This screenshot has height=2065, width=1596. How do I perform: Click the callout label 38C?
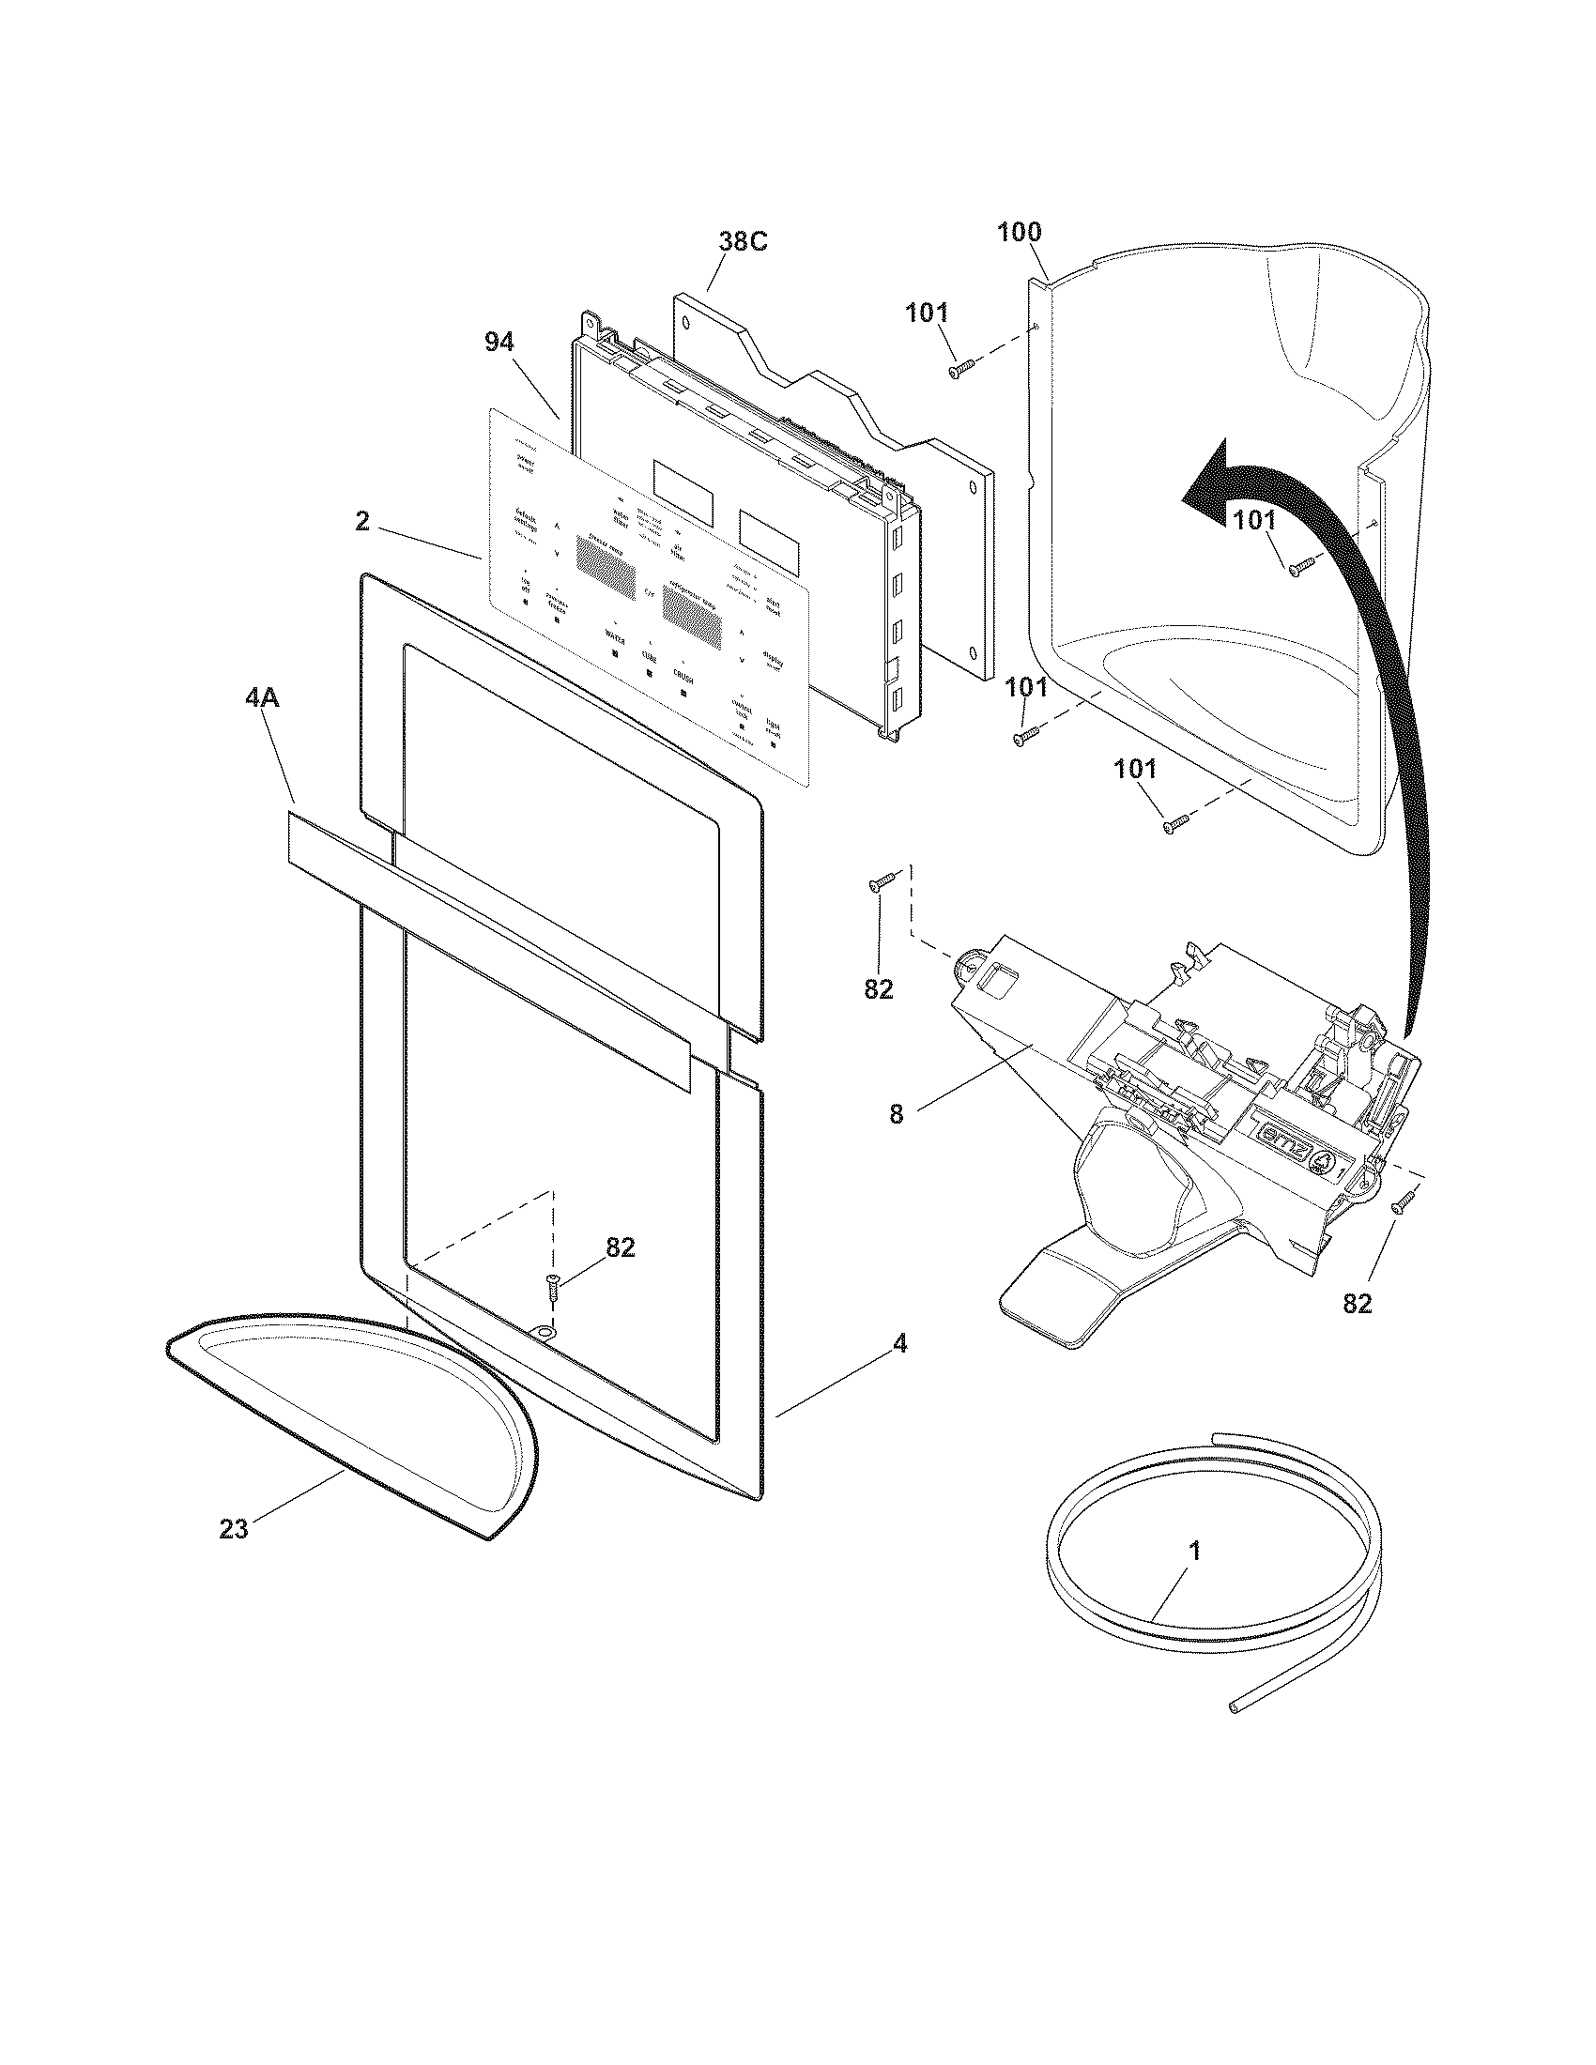click(743, 242)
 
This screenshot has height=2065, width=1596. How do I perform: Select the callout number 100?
click(1019, 233)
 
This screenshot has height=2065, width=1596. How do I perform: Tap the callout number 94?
click(499, 344)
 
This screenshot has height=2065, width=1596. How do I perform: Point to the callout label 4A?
click(262, 698)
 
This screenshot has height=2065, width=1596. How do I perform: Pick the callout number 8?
click(897, 1115)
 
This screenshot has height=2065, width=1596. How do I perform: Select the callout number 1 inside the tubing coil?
click(1194, 1551)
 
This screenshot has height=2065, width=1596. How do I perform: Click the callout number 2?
click(362, 521)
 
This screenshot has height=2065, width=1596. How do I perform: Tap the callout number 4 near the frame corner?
click(899, 1343)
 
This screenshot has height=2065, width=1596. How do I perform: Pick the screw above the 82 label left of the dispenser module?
click(882, 882)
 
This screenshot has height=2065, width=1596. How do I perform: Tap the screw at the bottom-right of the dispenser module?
click(1402, 1201)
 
